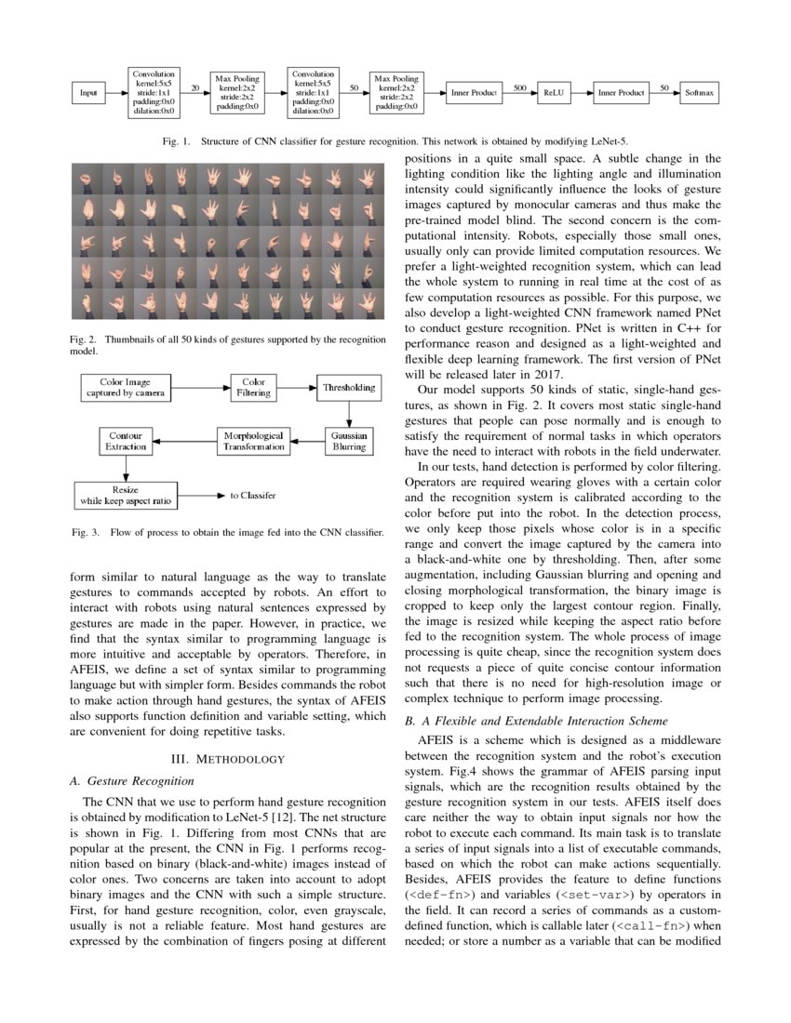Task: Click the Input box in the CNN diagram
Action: (x=88, y=93)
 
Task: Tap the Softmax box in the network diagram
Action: (x=699, y=93)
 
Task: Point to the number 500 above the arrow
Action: (x=520, y=86)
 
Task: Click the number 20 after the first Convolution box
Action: (x=195, y=87)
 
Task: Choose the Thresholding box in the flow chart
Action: (x=349, y=387)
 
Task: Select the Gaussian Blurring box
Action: (x=349, y=441)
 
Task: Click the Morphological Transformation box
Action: (x=254, y=441)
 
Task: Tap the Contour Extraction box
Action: (x=125, y=441)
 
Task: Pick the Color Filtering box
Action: (x=254, y=387)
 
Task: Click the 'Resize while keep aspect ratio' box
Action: (x=126, y=495)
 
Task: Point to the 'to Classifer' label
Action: (x=253, y=497)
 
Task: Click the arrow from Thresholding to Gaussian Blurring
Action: (x=349, y=413)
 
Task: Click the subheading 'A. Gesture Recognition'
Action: (x=132, y=779)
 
